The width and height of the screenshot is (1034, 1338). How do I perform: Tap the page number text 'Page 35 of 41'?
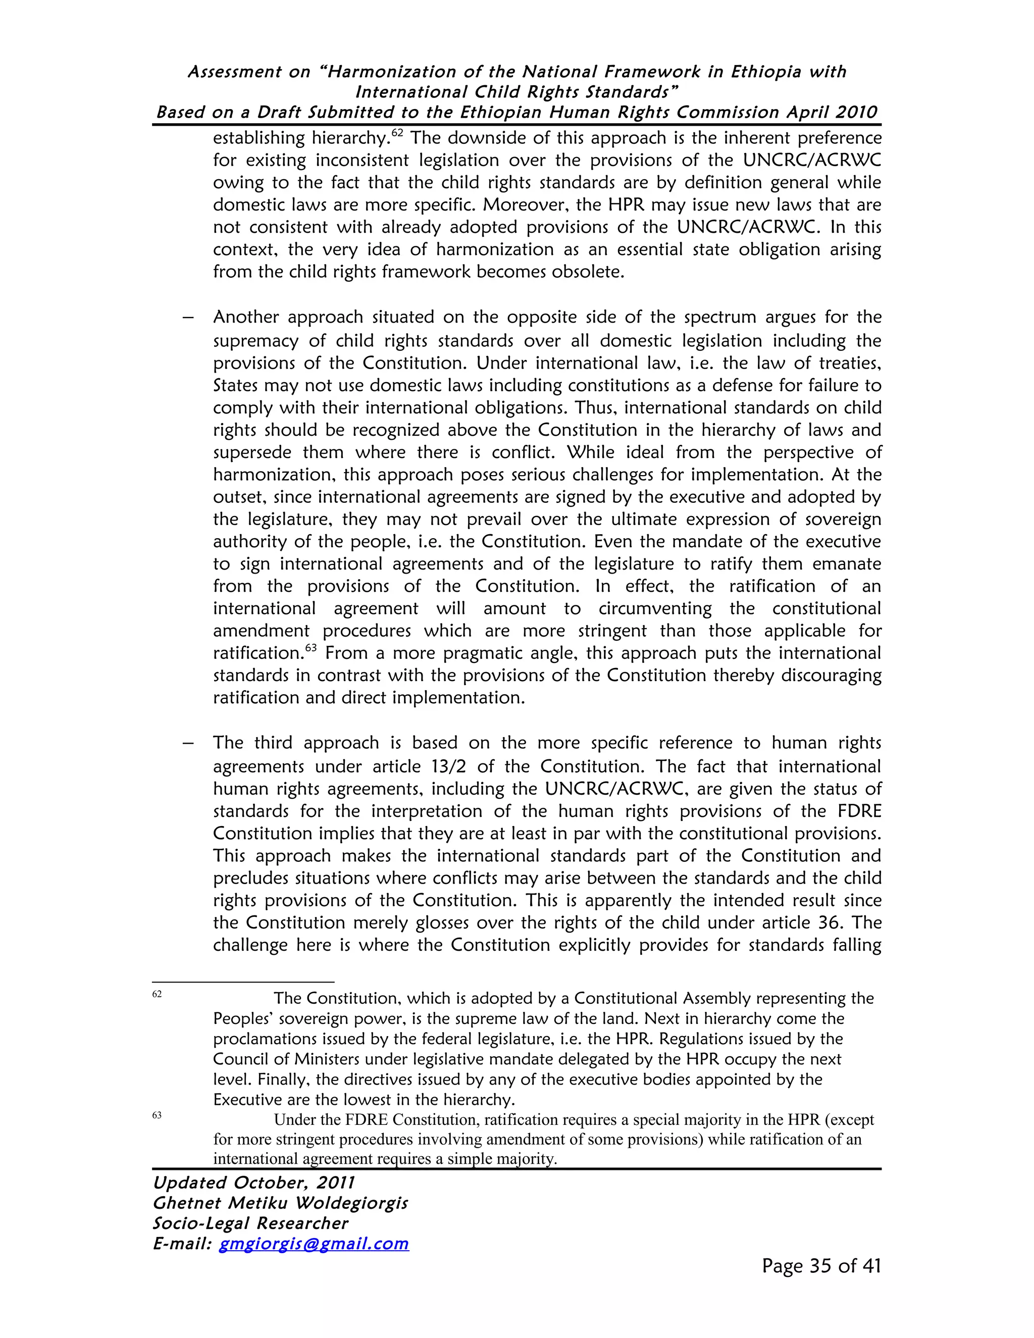tap(821, 1266)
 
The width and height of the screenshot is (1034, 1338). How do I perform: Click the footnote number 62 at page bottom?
tap(157, 994)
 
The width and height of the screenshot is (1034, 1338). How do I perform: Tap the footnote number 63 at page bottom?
tap(157, 1115)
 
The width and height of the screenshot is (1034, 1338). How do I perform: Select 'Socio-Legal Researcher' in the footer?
tap(250, 1223)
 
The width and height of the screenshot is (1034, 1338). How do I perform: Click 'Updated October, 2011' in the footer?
tap(253, 1182)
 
